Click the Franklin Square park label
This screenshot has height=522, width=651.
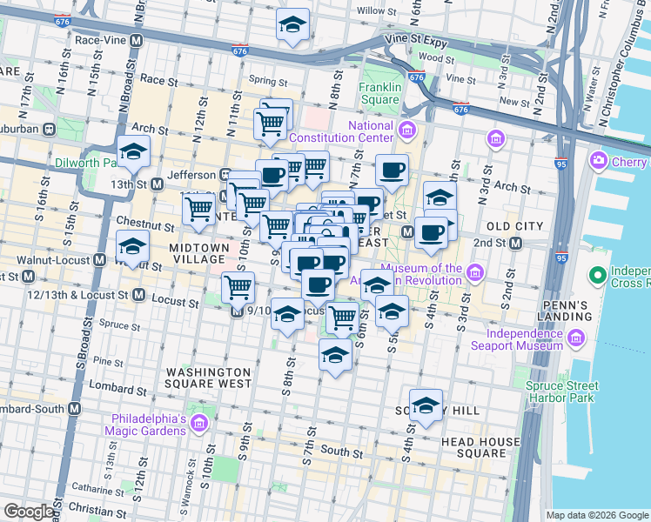point(379,93)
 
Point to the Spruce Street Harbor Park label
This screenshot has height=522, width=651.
point(561,391)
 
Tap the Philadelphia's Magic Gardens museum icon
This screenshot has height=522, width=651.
point(199,423)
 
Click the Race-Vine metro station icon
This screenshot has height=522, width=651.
point(137,40)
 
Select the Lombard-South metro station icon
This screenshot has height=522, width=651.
point(74,409)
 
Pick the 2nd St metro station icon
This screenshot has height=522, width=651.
point(515,244)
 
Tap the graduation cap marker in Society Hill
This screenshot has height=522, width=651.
point(426,405)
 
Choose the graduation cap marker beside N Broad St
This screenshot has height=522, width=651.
point(133,151)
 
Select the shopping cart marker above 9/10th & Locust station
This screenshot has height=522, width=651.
point(238,286)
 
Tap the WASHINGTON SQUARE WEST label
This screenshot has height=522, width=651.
point(209,378)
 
